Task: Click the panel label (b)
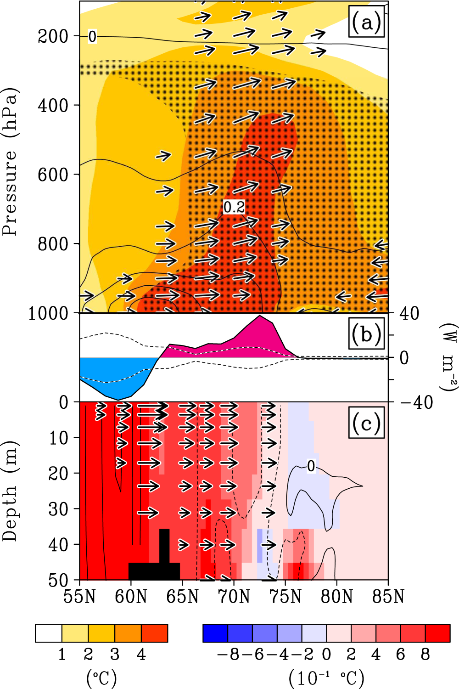click(366, 335)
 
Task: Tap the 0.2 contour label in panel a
click(234, 207)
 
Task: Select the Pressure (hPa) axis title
click(10, 161)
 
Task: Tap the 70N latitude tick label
click(234, 597)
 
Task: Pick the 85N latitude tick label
click(388, 597)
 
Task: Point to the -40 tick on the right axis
click(416, 403)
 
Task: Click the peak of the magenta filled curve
click(260, 316)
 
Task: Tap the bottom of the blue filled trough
click(118, 399)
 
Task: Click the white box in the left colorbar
click(49, 633)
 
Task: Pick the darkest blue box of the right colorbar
click(215, 633)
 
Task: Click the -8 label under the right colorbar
click(228, 654)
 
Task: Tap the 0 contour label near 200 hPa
click(92, 36)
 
